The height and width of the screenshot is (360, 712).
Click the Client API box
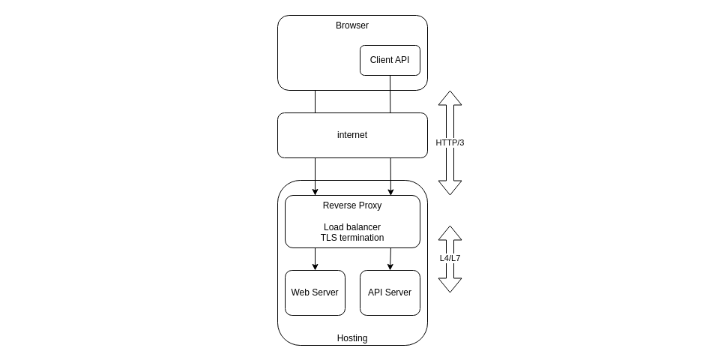click(x=390, y=60)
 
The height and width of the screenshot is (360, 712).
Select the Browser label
click(x=352, y=25)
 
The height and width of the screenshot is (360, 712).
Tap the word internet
click(x=352, y=135)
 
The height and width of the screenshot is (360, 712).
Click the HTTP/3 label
click(x=450, y=142)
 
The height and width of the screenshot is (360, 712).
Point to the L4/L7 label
click(x=450, y=258)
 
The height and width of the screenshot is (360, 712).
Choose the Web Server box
click(x=315, y=292)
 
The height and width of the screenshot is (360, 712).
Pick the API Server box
click(x=390, y=292)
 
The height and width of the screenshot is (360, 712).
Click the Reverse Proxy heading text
click(x=352, y=205)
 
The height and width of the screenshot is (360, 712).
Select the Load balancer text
click(x=352, y=227)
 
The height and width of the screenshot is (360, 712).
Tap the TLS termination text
click(x=352, y=238)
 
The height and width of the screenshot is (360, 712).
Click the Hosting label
click(x=352, y=338)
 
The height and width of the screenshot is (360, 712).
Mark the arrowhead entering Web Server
click(x=315, y=266)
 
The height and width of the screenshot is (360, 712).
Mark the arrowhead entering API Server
click(x=390, y=266)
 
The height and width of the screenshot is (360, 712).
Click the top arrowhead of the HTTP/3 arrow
click(x=450, y=98)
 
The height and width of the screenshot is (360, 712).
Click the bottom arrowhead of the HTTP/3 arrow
click(x=450, y=187)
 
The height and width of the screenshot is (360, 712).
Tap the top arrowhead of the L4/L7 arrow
click(x=450, y=233)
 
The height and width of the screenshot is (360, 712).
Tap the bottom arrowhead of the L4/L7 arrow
click(x=450, y=285)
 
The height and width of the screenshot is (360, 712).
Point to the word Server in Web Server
click(x=325, y=292)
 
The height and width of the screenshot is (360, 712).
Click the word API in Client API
click(x=402, y=60)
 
